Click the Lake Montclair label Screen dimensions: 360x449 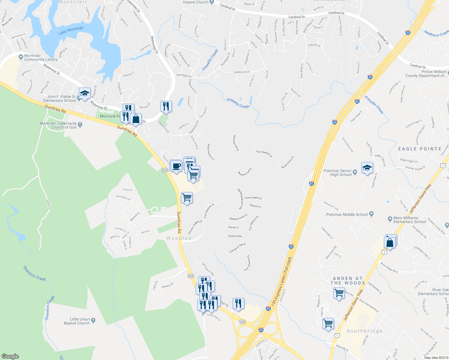71,30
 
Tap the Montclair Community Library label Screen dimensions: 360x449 41,58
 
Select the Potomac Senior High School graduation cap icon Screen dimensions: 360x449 367,168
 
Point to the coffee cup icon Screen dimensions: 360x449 176,166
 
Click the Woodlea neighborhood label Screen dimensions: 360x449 179,238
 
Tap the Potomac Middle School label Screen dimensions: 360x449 347,214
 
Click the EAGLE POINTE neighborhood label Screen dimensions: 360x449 420,149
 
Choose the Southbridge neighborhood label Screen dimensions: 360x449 364,331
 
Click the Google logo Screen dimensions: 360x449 10,356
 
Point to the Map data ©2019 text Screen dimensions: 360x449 435,358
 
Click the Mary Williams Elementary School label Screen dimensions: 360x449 409,220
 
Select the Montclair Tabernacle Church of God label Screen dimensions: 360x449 58,125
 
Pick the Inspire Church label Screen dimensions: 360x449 196,2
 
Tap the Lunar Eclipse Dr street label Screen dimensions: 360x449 253,198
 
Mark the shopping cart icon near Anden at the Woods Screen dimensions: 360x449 339,292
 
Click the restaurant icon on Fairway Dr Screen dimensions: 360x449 166,106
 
